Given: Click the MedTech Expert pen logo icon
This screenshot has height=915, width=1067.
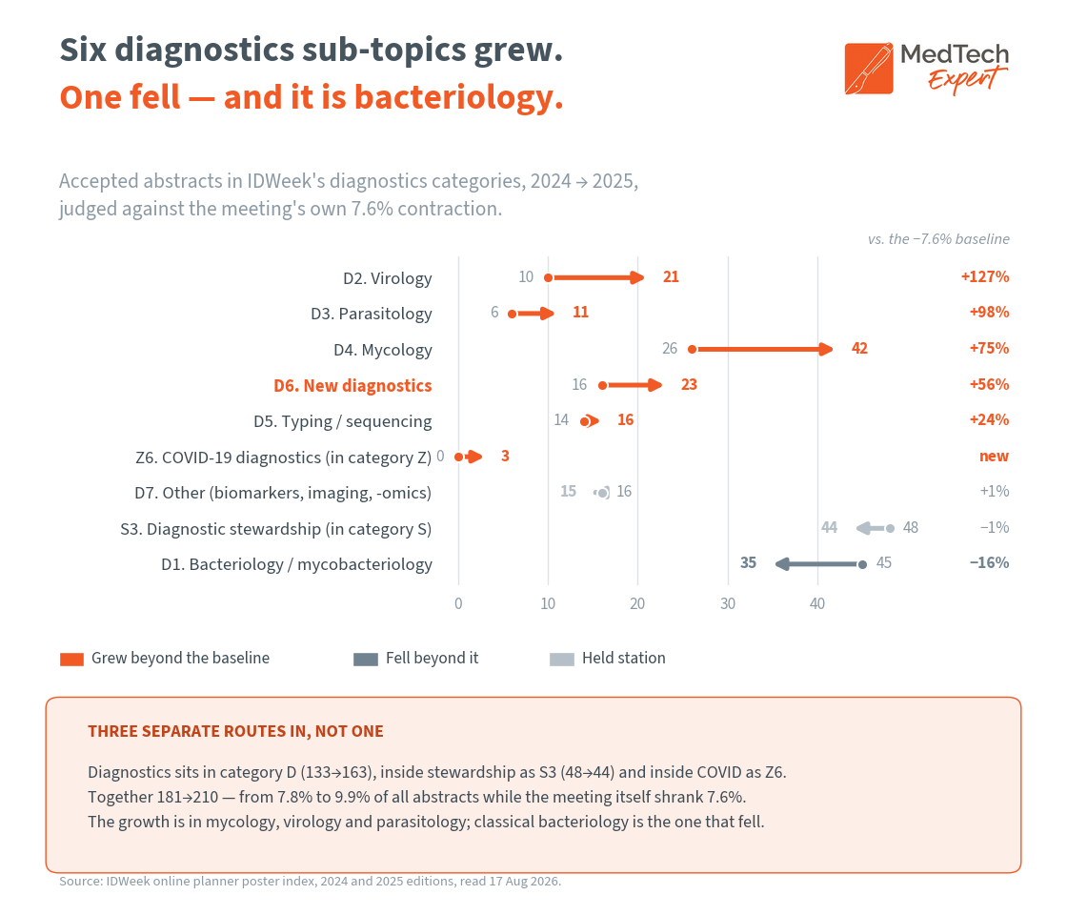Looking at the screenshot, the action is [869, 69].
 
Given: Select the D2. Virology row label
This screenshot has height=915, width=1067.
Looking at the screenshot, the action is [387, 278].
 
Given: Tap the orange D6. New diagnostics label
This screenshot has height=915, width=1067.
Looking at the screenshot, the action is [352, 386].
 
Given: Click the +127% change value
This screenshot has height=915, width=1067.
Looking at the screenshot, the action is [985, 277].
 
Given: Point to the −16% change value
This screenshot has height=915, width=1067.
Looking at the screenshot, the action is [989, 563].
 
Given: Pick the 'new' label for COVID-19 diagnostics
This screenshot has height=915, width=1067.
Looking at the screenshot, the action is [994, 457].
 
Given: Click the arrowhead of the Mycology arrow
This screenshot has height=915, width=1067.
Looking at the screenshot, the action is [825, 349].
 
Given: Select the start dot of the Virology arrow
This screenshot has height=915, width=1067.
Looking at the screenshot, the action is [549, 277].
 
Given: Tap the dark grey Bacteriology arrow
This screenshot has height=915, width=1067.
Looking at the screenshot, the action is [819, 563].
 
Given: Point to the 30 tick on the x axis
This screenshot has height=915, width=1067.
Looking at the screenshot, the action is [728, 604].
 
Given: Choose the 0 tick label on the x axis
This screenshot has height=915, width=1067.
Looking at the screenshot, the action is [458, 604].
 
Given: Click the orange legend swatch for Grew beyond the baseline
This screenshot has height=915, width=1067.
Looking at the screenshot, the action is [71, 659].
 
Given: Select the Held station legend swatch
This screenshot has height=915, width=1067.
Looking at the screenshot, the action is [561, 659].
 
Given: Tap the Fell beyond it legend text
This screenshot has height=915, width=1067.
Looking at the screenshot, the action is [433, 659].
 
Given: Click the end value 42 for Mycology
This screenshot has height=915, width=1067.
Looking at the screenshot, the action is [859, 349].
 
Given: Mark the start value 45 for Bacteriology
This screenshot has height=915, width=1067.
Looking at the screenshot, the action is [884, 563].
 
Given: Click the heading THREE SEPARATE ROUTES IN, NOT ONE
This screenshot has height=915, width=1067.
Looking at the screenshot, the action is [235, 731].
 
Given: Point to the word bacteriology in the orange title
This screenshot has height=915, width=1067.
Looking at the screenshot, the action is [458, 97].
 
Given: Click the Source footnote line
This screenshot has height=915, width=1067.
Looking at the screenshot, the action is [311, 881].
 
